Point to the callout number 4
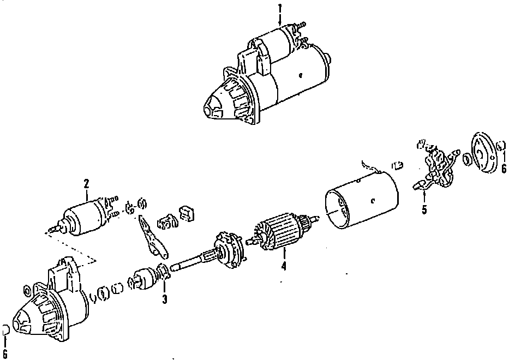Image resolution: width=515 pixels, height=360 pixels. click(x=283, y=267)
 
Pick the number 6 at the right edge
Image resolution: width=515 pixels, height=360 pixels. click(x=504, y=169)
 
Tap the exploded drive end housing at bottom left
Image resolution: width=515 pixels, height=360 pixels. click(x=52, y=308)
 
